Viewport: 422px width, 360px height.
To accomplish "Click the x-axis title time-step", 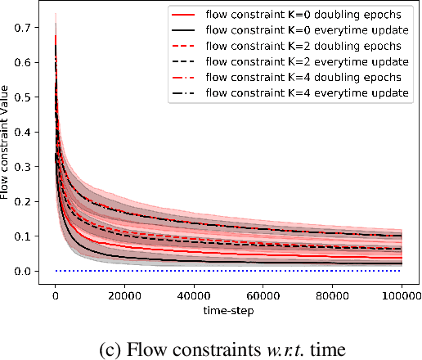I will pyautogui.click(x=230, y=310).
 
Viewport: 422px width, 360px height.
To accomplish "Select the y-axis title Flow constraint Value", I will pyautogui.click(x=7, y=151).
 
